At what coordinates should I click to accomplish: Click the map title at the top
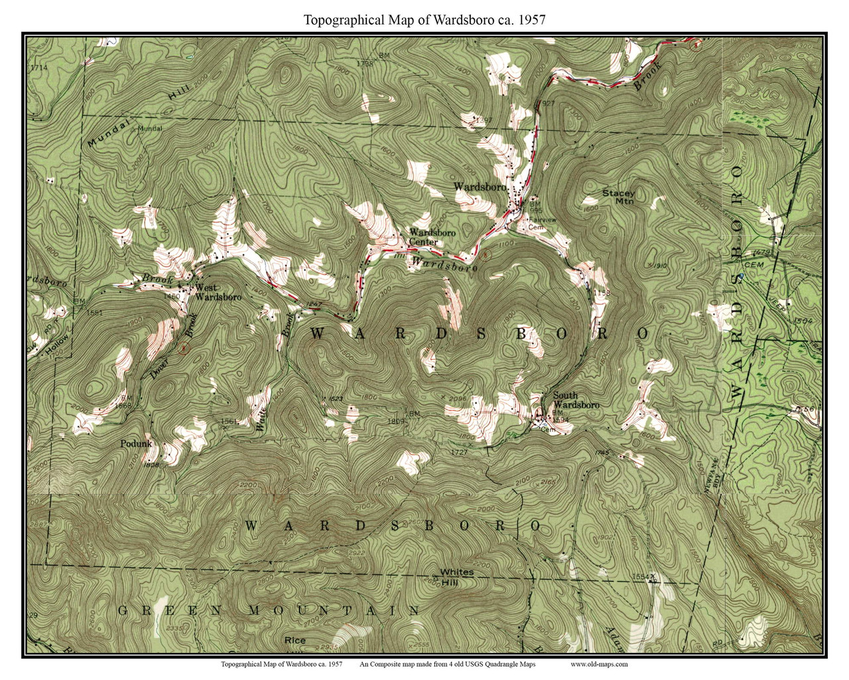click(x=424, y=20)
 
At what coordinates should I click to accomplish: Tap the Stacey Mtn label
click(x=618, y=197)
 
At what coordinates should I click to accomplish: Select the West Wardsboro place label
click(x=218, y=293)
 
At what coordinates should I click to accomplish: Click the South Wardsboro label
click(x=576, y=400)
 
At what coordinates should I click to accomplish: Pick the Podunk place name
click(x=137, y=444)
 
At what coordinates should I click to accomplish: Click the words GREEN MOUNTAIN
click(x=268, y=610)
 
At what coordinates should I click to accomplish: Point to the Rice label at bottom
click(x=294, y=641)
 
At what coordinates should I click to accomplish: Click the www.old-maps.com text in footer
click(x=598, y=664)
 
